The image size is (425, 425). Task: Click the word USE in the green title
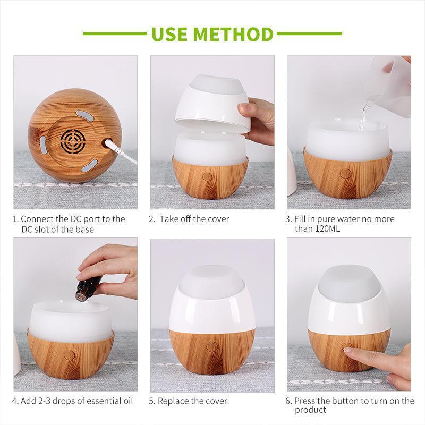click(169, 34)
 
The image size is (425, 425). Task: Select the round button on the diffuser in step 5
click(211, 347)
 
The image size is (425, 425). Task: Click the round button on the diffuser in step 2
click(208, 177)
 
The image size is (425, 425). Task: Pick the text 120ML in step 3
click(324, 228)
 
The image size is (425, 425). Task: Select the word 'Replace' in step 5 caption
click(175, 401)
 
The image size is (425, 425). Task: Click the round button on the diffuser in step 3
click(345, 174)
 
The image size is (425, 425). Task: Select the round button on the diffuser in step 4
click(69, 355)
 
